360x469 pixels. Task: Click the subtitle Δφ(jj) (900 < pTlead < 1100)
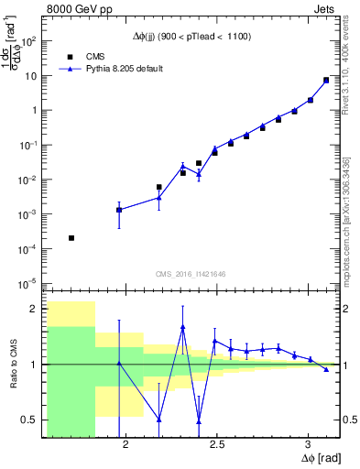(191, 36)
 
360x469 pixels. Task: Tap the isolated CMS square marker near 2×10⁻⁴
(71, 238)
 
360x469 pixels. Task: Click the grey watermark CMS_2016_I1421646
(191, 273)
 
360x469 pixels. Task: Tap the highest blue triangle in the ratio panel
(183, 327)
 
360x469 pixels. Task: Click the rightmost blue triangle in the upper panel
(326, 80)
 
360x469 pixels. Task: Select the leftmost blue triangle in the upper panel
(119, 210)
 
